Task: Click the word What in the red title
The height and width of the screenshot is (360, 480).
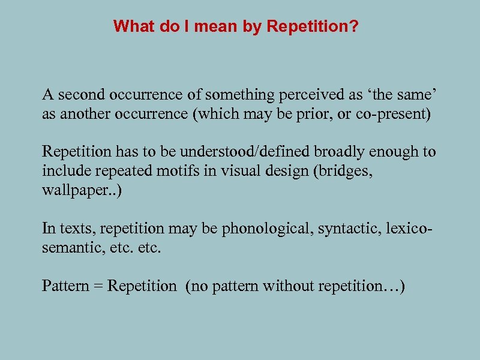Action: click(130, 26)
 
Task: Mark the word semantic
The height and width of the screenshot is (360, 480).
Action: click(65, 247)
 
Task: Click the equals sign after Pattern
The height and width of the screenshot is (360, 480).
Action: click(96, 286)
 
